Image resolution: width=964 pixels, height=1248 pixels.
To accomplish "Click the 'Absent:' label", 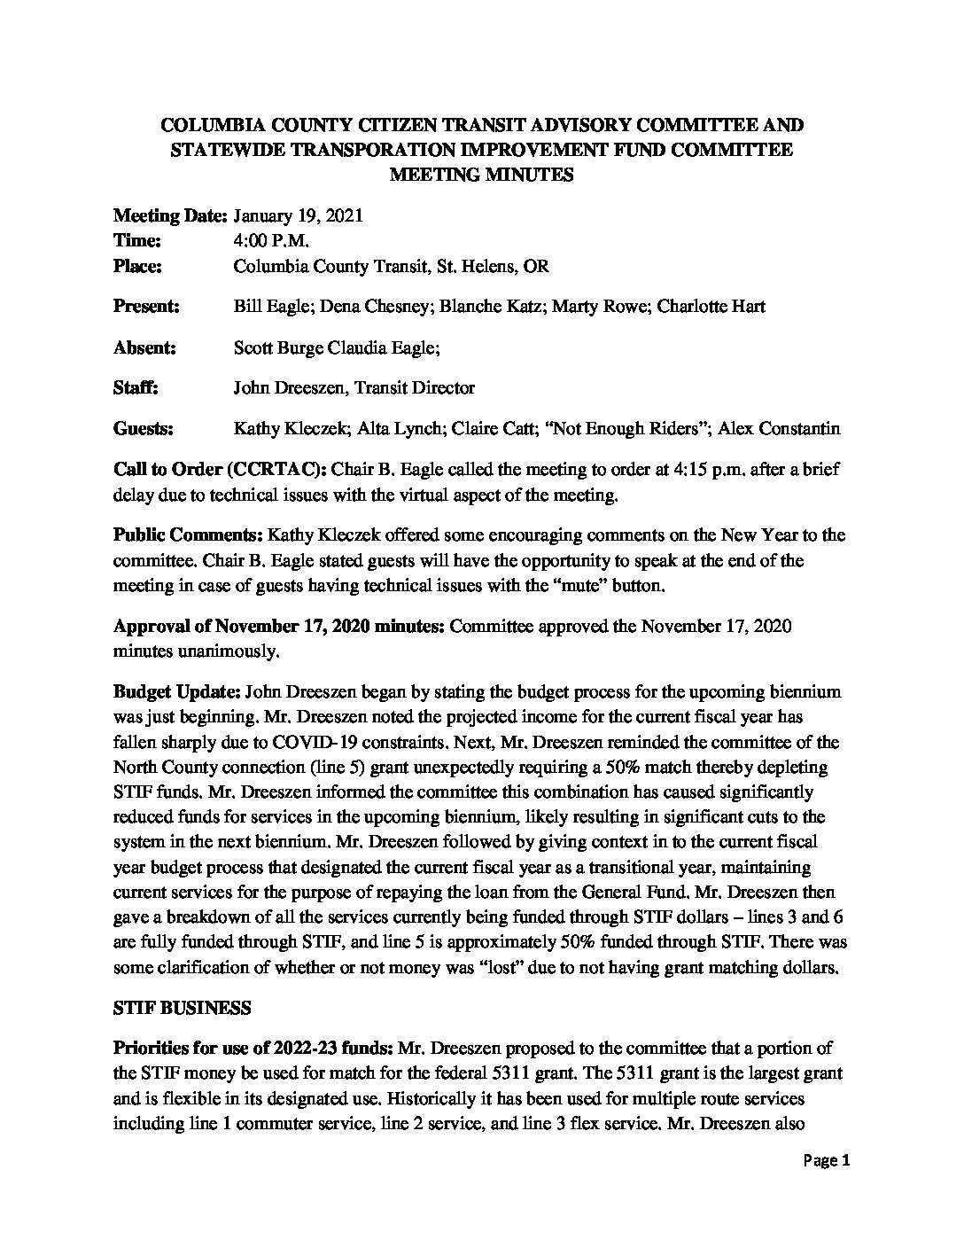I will click(145, 347).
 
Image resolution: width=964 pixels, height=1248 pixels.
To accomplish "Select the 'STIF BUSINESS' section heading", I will click(183, 1008).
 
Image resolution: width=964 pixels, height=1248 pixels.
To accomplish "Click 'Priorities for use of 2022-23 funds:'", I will click(253, 1049).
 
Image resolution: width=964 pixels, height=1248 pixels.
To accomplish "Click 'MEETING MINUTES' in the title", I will click(482, 175).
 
